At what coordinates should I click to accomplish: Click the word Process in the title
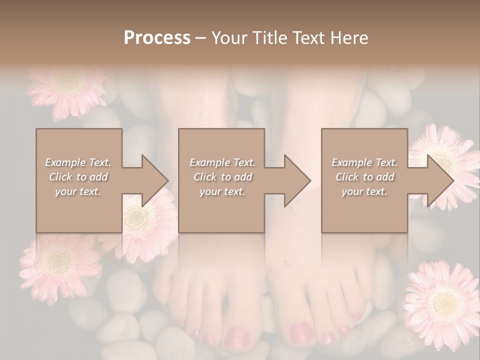[157, 38]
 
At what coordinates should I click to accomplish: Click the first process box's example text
[78, 177]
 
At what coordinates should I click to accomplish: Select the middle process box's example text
[222, 177]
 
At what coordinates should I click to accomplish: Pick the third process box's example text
[364, 177]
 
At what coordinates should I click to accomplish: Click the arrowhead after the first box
[153, 180]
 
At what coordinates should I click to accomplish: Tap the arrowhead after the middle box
[296, 180]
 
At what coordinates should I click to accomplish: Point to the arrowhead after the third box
[438, 180]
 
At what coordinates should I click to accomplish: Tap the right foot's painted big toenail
[302, 331]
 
